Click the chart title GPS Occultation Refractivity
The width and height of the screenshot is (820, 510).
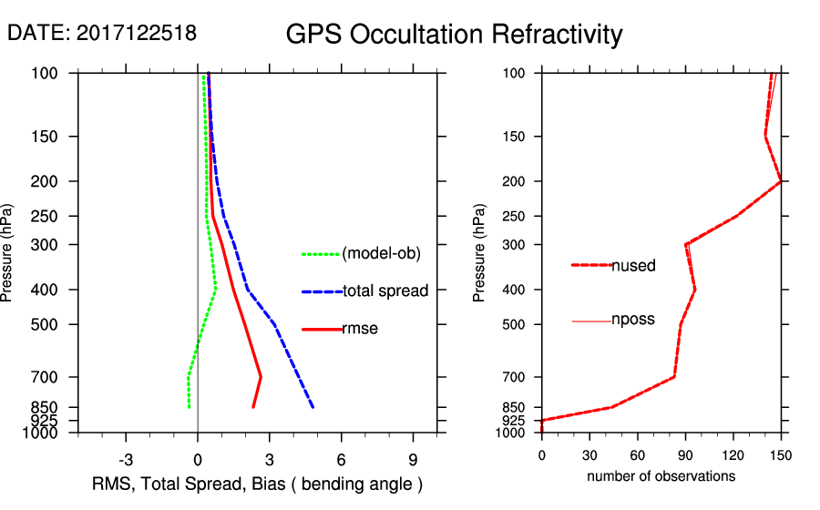pyautogui.click(x=454, y=35)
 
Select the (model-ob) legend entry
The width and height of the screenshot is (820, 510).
pyautogui.click(x=381, y=254)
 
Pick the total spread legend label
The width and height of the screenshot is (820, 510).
pyautogui.click(x=384, y=291)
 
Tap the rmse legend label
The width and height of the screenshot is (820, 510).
pyautogui.click(x=359, y=329)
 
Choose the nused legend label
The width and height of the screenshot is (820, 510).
pyautogui.click(x=633, y=265)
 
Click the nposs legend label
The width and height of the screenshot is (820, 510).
pyautogui.click(x=632, y=320)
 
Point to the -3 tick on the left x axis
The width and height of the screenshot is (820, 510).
pyautogui.click(x=127, y=460)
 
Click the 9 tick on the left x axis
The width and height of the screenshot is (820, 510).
pyautogui.click(x=413, y=460)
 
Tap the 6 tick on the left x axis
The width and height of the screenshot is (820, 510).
pyautogui.click(x=341, y=460)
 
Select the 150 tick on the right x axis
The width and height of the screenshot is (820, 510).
pyautogui.click(x=781, y=454)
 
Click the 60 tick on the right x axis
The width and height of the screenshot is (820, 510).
pyautogui.click(x=638, y=454)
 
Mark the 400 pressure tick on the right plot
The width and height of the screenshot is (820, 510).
pyautogui.click(x=518, y=290)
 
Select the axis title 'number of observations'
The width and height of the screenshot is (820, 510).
pyautogui.click(x=661, y=476)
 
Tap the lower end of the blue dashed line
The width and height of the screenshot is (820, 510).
pyautogui.click(x=313, y=407)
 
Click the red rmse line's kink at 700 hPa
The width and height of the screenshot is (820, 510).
pyautogui.click(x=261, y=376)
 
